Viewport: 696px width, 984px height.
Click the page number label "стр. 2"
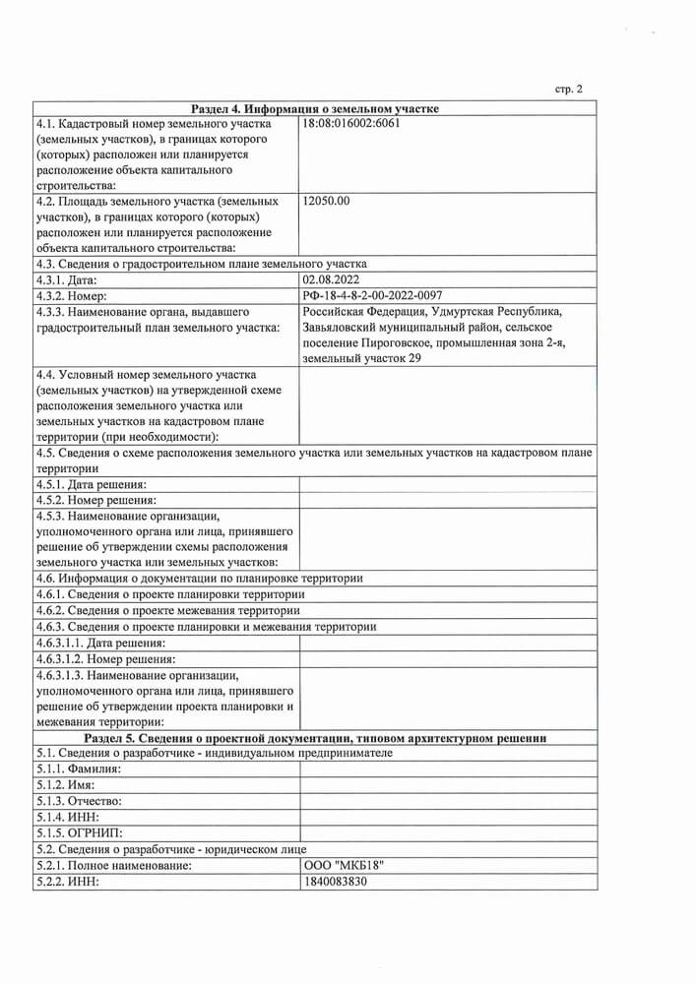pyautogui.click(x=569, y=90)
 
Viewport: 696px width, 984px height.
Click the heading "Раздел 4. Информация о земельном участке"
pyautogui.click(x=314, y=108)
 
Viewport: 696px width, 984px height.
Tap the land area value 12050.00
pyautogui.click(x=328, y=201)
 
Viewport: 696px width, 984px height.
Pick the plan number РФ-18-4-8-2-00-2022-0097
pyautogui.click(x=373, y=295)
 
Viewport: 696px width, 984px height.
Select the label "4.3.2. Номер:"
pyautogui.click(x=77, y=295)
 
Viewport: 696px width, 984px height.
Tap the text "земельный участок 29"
pyautogui.click(x=361, y=358)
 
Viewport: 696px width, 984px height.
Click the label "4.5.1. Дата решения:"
pyautogui.click(x=91, y=484)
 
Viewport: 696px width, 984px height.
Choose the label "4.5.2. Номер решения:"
pyautogui.click(x=95, y=500)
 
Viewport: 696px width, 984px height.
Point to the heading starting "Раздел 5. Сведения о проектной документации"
pyautogui.click(x=314, y=737)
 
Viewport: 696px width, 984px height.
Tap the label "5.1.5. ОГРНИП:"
pyautogui.click(x=85, y=831)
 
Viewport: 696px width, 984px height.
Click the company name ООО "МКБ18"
pyautogui.click(x=344, y=864)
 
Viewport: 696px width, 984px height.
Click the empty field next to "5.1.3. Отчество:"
pyautogui.click(x=448, y=801)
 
